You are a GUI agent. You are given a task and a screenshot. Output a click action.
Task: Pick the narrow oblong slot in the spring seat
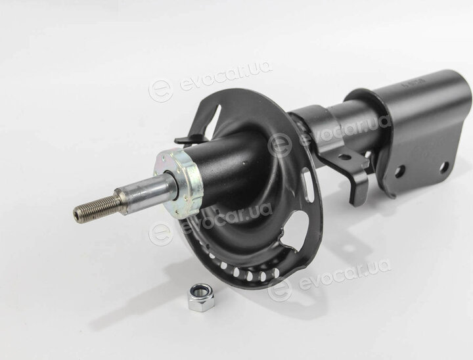coord(307,185)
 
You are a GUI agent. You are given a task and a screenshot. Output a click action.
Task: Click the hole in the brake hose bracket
coord(344,157)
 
